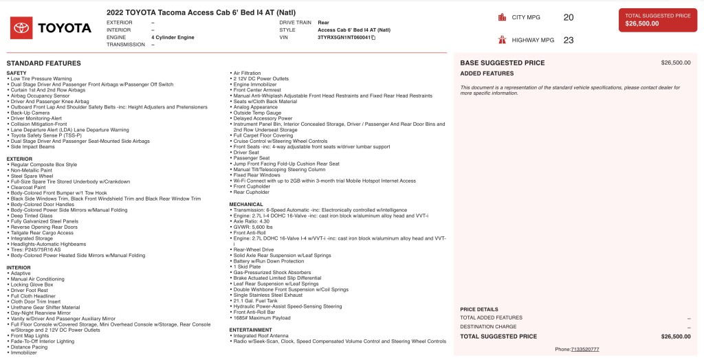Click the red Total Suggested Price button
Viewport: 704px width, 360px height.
pyautogui.click(x=657, y=19)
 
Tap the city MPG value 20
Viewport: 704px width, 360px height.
pyautogui.click(x=568, y=17)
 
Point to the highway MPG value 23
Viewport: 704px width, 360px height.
pyautogui.click(x=568, y=40)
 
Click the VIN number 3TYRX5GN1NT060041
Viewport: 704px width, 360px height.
pyautogui.click(x=344, y=37)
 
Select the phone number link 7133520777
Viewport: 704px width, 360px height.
pyautogui.click(x=585, y=349)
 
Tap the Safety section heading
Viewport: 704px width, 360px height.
pyautogui.click(x=16, y=73)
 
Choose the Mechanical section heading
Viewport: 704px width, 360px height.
pyautogui.click(x=246, y=204)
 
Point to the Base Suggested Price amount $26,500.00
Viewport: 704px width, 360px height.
pyautogui.click(x=675, y=63)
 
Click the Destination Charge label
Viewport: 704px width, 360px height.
pyautogui.click(x=488, y=327)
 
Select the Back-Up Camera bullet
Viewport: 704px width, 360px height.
pyautogui.click(x=30, y=113)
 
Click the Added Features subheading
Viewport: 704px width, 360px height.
pyautogui.click(x=487, y=74)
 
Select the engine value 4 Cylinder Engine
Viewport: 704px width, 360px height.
pyautogui.click(x=173, y=37)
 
